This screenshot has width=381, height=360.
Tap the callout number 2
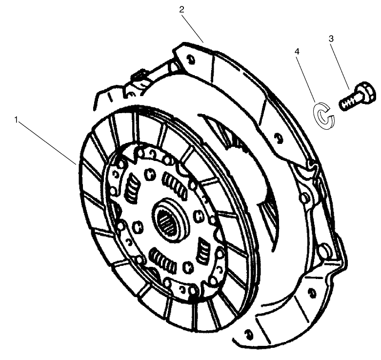coord(181,9)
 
